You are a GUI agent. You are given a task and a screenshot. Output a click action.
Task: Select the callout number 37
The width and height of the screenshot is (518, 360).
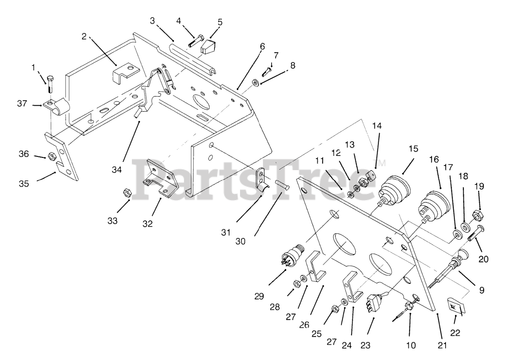pyautogui.click(x=22, y=104)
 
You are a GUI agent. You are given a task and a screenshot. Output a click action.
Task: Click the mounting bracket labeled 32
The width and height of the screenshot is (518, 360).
pyautogui.click(x=161, y=178)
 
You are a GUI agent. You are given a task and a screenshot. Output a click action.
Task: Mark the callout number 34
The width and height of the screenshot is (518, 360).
pyautogui.click(x=117, y=170)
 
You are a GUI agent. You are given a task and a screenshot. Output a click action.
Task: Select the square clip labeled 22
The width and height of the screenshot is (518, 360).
pyautogui.click(x=456, y=305)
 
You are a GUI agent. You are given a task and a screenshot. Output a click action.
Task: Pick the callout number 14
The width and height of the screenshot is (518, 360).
pyautogui.click(x=377, y=126)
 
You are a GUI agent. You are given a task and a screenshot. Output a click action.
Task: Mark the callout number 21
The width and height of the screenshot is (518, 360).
pyautogui.click(x=442, y=345)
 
